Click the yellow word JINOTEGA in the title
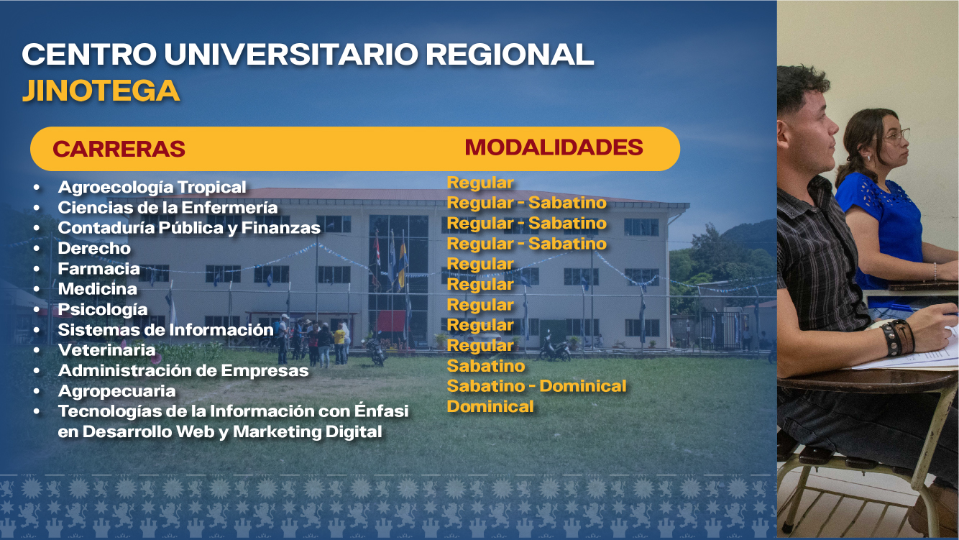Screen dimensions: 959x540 click(x=101, y=91)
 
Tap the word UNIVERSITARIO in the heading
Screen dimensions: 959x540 click(x=291, y=55)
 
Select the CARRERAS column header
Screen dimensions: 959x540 click(x=119, y=149)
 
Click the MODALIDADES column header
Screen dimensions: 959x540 click(x=554, y=147)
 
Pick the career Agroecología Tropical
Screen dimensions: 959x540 click(x=152, y=187)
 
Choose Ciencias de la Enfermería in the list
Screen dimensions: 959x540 click(x=168, y=208)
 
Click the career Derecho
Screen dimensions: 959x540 click(x=94, y=248)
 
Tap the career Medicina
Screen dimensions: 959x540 click(x=98, y=289)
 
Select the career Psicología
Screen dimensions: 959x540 click(x=103, y=310)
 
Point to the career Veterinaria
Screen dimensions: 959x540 click(x=106, y=350)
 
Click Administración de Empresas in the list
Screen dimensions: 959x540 click(x=183, y=371)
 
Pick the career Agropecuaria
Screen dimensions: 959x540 click(x=117, y=391)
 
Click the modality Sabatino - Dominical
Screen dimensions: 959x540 click(x=536, y=386)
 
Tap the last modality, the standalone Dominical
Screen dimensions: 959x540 click(x=490, y=406)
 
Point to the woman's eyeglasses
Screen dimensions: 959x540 click(x=896, y=136)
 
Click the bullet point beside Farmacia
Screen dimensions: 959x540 click(x=37, y=269)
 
